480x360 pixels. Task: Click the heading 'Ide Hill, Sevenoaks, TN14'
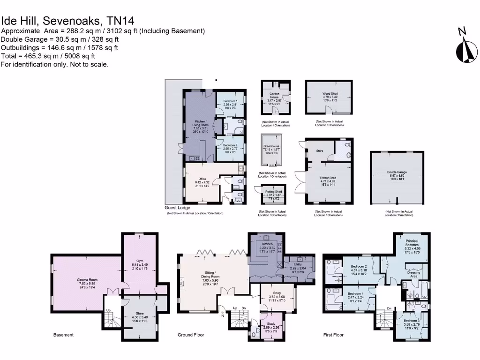(x=67, y=21)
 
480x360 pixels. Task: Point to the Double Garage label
(x=397, y=172)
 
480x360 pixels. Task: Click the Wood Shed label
(x=330, y=94)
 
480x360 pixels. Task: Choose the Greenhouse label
(x=271, y=146)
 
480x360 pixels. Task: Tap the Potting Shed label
(x=273, y=192)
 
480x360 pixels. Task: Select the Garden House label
(x=274, y=95)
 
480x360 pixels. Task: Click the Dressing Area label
(x=413, y=275)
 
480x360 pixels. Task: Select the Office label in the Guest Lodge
(x=202, y=179)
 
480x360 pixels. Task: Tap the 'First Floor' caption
(x=333, y=335)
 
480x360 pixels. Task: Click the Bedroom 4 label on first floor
(x=355, y=293)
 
